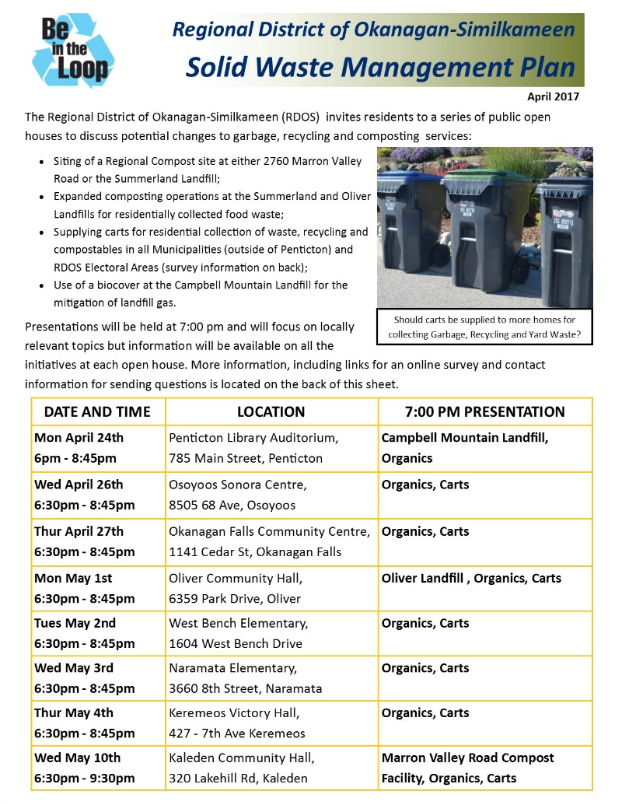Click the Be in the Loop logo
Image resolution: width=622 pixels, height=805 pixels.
pos(73,50)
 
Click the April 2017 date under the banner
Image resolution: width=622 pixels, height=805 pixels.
pos(554,97)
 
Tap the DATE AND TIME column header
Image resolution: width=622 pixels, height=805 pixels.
pos(97,411)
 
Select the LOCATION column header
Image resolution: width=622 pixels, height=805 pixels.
pos(271,411)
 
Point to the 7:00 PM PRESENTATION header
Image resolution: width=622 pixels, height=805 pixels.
pos(484,411)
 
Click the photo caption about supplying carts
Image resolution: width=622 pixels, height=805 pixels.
pos(484,327)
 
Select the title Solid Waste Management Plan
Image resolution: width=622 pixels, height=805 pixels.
pos(379,68)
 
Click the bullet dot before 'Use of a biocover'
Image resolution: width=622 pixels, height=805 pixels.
pos(41,285)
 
